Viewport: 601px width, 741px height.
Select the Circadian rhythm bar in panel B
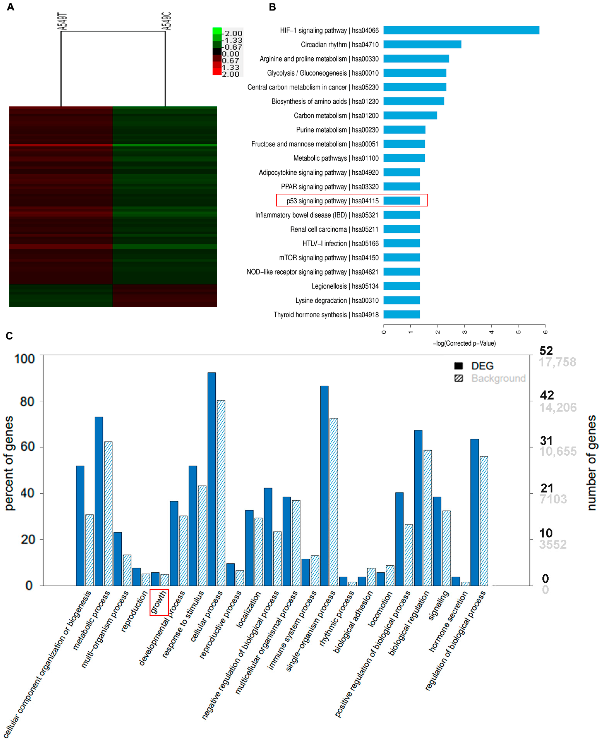(x=422, y=45)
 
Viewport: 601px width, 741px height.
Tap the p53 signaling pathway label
(x=332, y=201)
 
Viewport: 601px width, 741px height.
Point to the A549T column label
(x=62, y=21)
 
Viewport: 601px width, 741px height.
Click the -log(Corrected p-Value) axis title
(x=464, y=343)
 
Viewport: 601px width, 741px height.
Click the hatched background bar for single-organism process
(x=333, y=502)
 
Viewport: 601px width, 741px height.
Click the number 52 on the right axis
(x=546, y=351)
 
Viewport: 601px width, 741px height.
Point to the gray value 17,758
(x=557, y=362)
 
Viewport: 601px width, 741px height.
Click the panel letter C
(x=9, y=336)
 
